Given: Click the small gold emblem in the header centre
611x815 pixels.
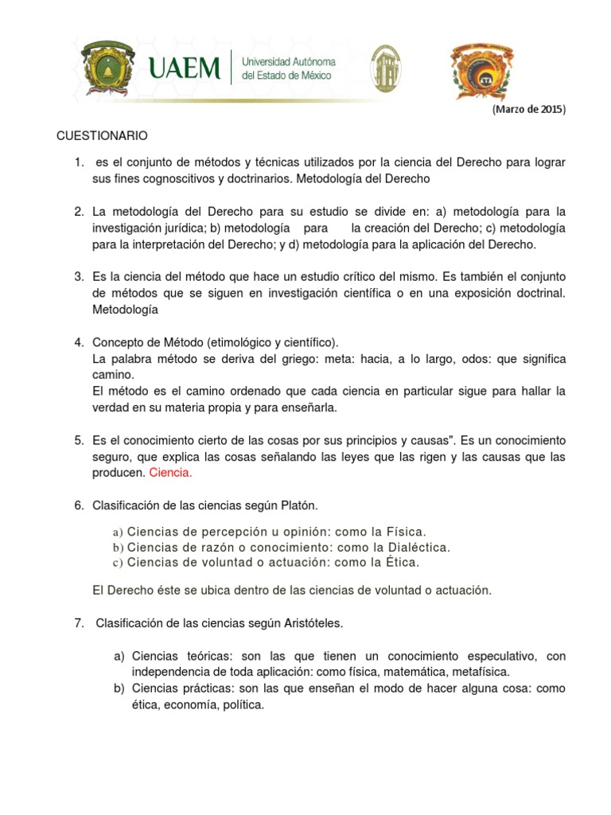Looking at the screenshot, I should pyautogui.click(x=387, y=68).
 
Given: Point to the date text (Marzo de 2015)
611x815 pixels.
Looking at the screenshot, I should pyautogui.click(x=528, y=110).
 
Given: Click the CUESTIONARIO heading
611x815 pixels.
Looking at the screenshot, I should pyautogui.click(x=103, y=136).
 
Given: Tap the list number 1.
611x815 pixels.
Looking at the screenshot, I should pyautogui.click(x=79, y=162).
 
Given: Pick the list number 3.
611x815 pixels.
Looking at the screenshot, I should pyautogui.click(x=79, y=276).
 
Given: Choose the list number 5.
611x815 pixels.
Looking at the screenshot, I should pyautogui.click(x=79, y=439).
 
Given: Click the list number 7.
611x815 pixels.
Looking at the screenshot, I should pyautogui.click(x=79, y=622).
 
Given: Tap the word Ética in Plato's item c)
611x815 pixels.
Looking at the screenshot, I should pyautogui.click(x=403, y=562).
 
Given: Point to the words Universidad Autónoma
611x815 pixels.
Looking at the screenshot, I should pyautogui.click(x=288, y=61).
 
